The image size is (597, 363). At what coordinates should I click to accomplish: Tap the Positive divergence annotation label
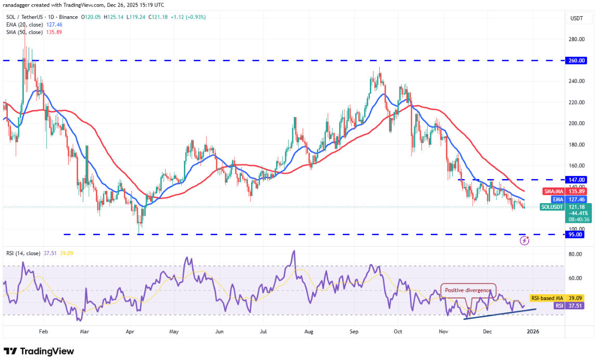[x=468, y=290]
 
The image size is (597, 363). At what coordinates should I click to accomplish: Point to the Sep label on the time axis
[x=354, y=331]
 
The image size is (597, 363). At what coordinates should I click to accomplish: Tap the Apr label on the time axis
[x=130, y=331]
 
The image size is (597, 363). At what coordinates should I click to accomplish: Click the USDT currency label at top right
[x=577, y=18]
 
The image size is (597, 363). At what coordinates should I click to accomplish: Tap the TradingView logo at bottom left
[x=39, y=352]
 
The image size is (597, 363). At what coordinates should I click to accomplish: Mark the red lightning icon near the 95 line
[x=524, y=241]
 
